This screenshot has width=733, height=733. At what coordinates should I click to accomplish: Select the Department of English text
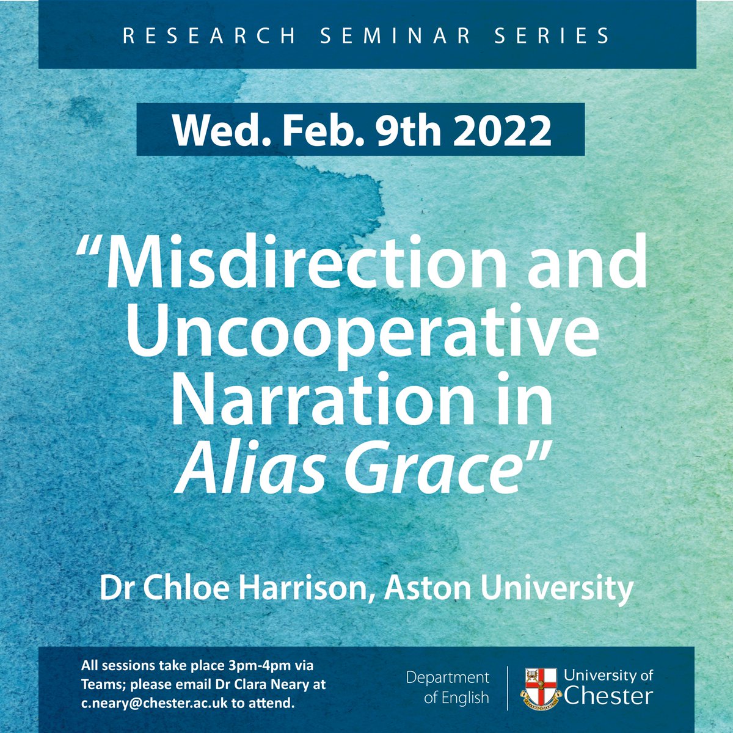point(448,687)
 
